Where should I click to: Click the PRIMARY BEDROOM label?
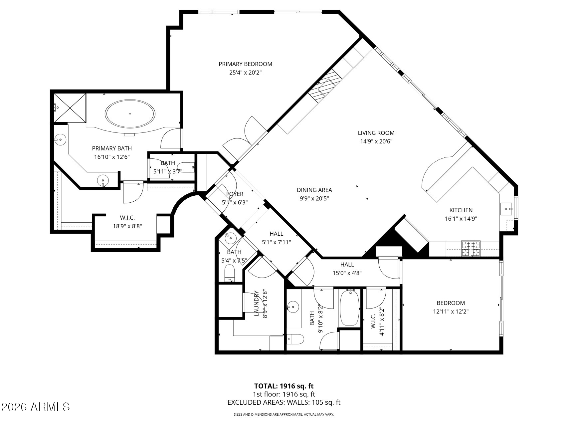[x=245, y=64]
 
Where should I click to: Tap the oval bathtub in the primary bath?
[x=130, y=114]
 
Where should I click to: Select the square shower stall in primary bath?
[x=70, y=108]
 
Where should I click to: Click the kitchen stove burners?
[x=471, y=248]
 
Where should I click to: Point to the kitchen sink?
[x=507, y=209]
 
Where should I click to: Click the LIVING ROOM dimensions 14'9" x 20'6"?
[x=376, y=141]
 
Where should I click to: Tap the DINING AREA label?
[x=314, y=190]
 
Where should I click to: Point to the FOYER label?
[x=235, y=194]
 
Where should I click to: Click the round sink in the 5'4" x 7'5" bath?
[x=230, y=238]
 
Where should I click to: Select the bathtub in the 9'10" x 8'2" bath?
[x=349, y=308]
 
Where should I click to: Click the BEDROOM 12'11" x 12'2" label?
[x=451, y=303]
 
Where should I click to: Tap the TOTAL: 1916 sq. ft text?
[x=284, y=386]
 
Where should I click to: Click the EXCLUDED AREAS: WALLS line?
[x=284, y=402]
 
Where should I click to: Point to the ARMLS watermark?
[x=36, y=407]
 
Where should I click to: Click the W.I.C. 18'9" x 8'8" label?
[x=127, y=218]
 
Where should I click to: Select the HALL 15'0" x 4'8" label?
[x=347, y=265]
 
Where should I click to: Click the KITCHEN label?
[x=461, y=210]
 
